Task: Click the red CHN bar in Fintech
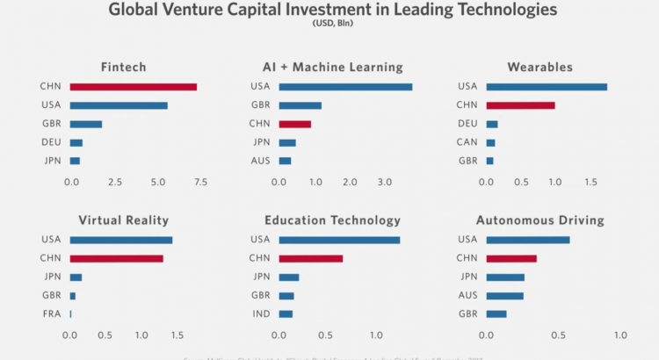pos(133,87)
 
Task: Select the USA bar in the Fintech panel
pos(118,105)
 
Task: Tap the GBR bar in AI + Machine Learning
pos(300,105)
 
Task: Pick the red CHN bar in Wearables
pos(520,105)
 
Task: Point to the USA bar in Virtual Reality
pos(120,240)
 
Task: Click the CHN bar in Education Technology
pos(310,258)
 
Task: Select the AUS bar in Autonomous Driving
pos(504,295)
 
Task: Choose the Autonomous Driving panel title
pos(540,220)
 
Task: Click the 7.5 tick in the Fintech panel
pos(200,183)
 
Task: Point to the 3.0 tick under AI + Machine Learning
pos(385,183)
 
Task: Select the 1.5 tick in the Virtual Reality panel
pos(177,335)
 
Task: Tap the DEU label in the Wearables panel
pos(467,124)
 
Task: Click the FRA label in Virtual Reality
pos(50,313)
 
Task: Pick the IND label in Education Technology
pos(260,313)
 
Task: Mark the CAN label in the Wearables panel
pos(467,142)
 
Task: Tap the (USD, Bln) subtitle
pos(330,24)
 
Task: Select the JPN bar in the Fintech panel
pos(75,161)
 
